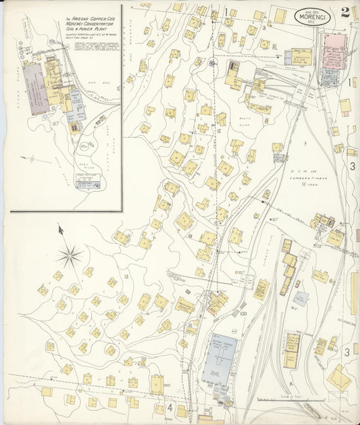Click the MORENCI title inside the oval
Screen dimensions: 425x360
[x=313, y=15]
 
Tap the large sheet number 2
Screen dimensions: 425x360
[x=345, y=11]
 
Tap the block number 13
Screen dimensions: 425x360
[x=126, y=277]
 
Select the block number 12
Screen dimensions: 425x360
[x=220, y=130]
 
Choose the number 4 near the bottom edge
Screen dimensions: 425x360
[x=170, y=407]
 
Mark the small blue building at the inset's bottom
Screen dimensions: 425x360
[x=88, y=184]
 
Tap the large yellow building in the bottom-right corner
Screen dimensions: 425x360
[x=338, y=378]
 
